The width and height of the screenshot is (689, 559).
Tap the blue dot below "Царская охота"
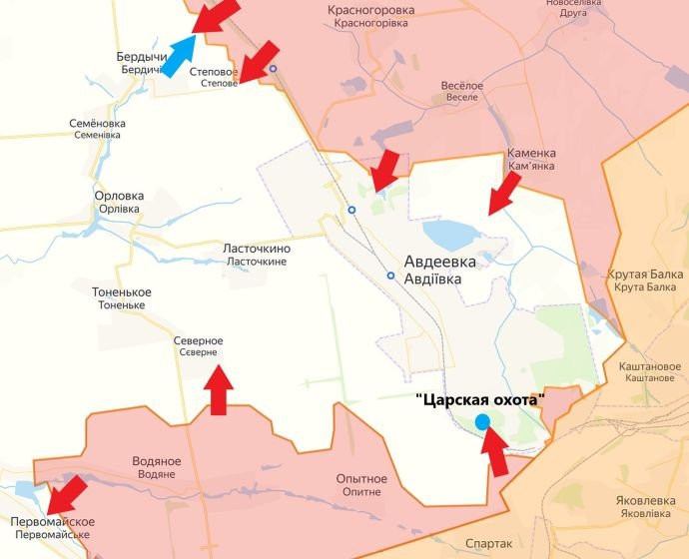coord(483,422)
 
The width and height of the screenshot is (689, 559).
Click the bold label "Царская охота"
coord(480,399)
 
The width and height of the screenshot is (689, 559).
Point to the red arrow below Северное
coord(218,390)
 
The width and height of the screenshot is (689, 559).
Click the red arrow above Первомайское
coord(69,493)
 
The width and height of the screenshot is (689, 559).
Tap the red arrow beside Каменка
coord(504,192)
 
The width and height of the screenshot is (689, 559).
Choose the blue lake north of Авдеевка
coord(452,236)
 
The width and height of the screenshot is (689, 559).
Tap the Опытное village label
coord(361,485)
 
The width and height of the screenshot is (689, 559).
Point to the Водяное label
coord(157,467)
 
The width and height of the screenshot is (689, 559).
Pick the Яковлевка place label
coord(644,507)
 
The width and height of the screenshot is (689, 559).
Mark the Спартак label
coord(489,544)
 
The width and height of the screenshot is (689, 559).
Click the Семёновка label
coord(96,129)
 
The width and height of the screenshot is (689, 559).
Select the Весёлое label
coord(462,92)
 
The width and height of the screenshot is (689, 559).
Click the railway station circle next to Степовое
coord(273,69)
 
